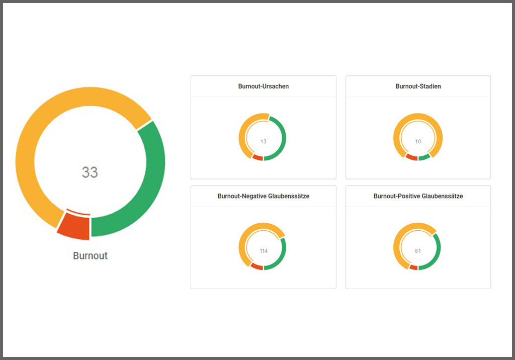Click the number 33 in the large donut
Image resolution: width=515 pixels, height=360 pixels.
pyautogui.click(x=90, y=172)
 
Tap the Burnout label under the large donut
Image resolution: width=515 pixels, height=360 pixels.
pyautogui.click(x=91, y=255)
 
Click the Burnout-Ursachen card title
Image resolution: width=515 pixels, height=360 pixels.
pyautogui.click(x=264, y=86)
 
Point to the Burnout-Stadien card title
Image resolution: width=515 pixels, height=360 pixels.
pyautogui.click(x=418, y=86)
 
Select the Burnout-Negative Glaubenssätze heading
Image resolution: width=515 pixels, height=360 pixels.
pyautogui.click(x=264, y=196)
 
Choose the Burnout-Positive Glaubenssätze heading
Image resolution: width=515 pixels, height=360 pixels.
pyautogui.click(x=418, y=196)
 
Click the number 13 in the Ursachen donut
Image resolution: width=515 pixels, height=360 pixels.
pyautogui.click(x=264, y=142)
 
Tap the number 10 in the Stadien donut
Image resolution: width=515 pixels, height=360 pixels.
pyautogui.click(x=418, y=142)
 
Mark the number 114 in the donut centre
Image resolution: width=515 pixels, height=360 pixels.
pyautogui.click(x=264, y=251)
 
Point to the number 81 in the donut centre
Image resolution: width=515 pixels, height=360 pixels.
pyautogui.click(x=418, y=251)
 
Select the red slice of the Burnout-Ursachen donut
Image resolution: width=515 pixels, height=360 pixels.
pyautogui.click(x=257, y=158)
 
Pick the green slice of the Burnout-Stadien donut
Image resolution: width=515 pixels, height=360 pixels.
pyautogui.click(x=424, y=157)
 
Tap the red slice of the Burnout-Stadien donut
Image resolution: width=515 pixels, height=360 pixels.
pyautogui.click(x=411, y=158)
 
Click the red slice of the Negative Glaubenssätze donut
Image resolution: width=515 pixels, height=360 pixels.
pyautogui.click(x=256, y=266)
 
